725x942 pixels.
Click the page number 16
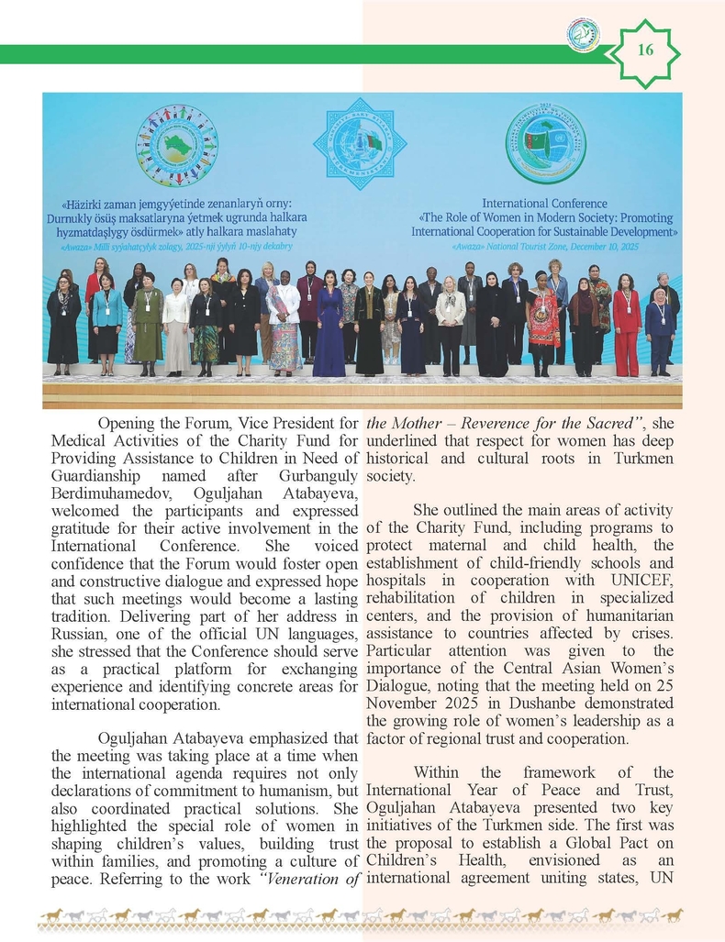645,50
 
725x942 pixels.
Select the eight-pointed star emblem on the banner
359,143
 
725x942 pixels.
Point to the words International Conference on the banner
544,203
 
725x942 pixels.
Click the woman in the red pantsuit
628,326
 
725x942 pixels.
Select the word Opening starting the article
128,424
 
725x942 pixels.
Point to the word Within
441,773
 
